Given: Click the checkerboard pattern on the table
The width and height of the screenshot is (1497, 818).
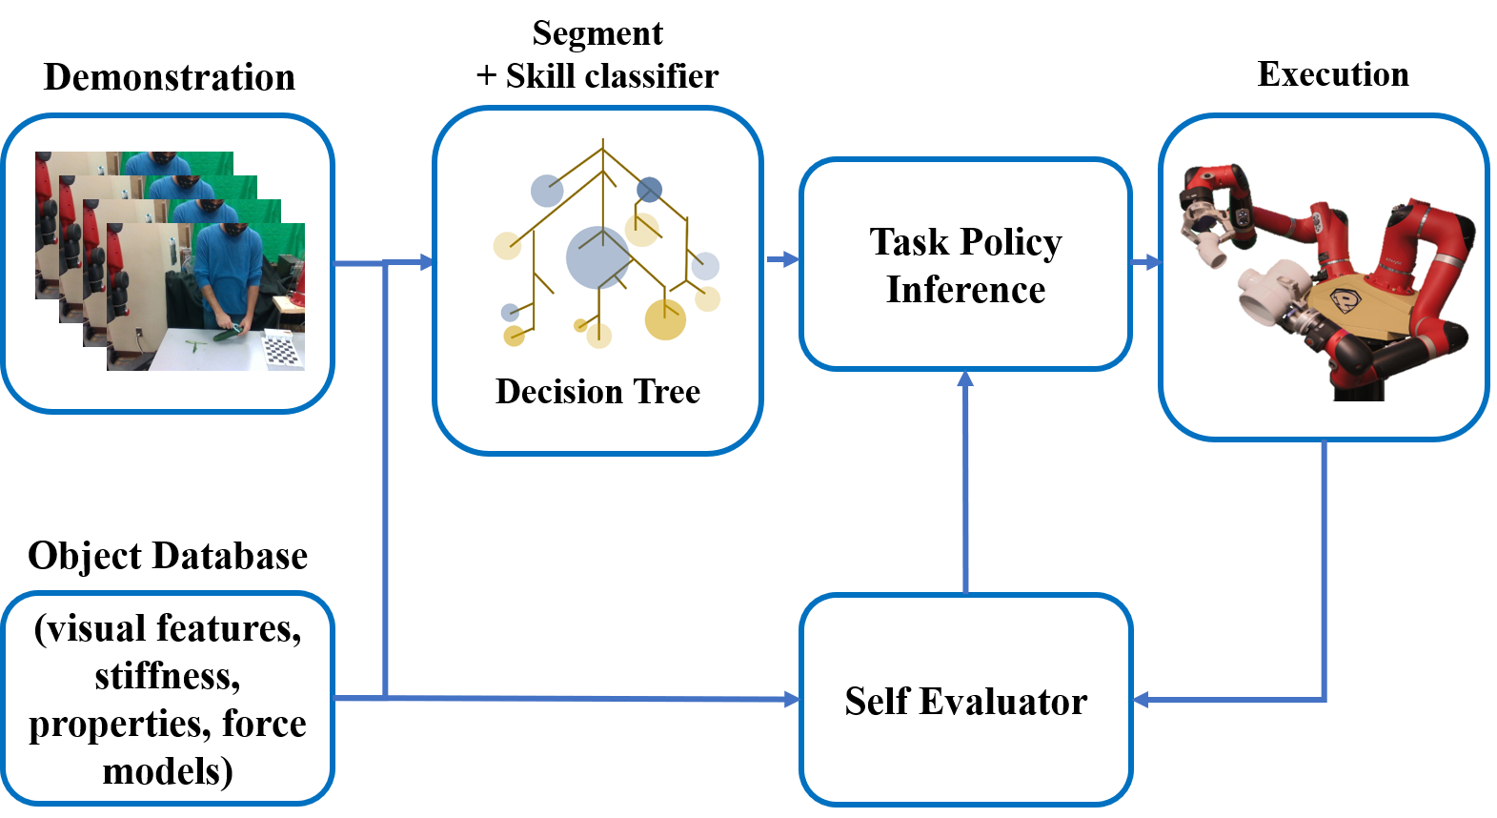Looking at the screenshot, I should click(282, 350).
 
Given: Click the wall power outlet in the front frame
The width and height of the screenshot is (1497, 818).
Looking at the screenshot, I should click(140, 333).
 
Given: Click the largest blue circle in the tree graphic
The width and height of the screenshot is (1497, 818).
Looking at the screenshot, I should click(597, 257).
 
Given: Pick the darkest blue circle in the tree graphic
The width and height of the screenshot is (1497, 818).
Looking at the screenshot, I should click(649, 190).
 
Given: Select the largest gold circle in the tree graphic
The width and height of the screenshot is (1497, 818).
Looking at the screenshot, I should click(665, 319).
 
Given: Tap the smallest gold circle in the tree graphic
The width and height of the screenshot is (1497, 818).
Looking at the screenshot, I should click(580, 325).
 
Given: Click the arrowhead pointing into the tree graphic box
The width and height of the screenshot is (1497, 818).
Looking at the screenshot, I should click(426, 262).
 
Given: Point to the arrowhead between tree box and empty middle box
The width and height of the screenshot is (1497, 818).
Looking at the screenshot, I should click(791, 258).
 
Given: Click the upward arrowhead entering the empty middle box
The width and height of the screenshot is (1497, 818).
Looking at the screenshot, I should click(965, 378).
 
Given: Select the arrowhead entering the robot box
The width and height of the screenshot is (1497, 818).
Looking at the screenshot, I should click(1153, 261).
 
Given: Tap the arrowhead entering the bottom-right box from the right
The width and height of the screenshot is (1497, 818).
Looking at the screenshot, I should click(1141, 700).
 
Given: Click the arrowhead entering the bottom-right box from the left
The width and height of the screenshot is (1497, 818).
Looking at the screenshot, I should click(792, 700).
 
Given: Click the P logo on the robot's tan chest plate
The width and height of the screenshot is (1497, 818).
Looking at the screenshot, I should click(1345, 299).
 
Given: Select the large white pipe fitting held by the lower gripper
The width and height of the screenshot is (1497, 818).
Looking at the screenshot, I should click(1267, 290).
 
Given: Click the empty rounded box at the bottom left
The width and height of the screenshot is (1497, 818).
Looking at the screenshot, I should click(168, 698).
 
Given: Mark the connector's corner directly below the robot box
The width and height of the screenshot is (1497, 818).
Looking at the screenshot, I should click(1325, 700).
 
